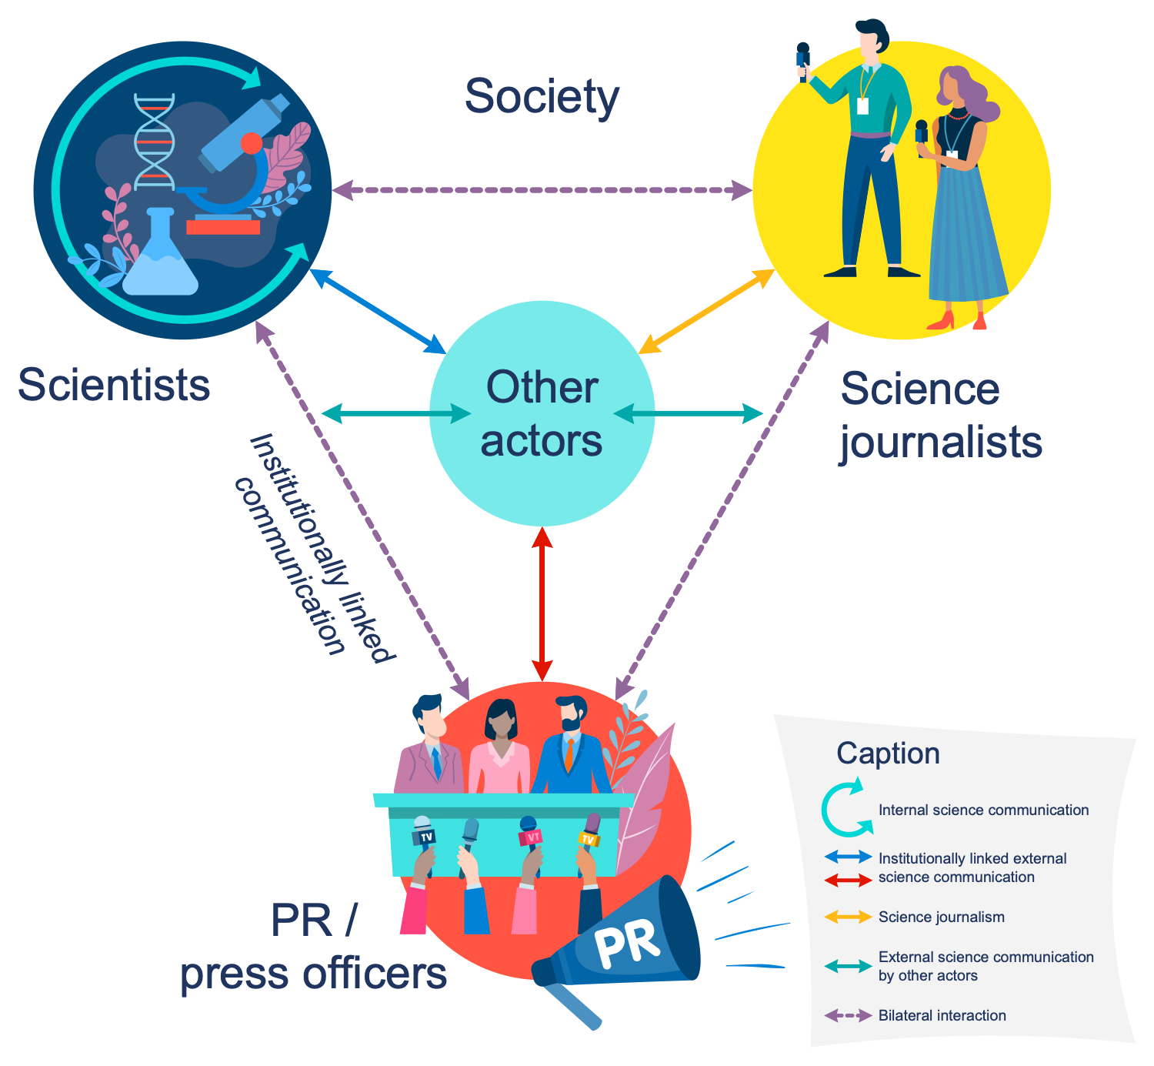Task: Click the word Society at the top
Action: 542,97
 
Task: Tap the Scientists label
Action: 114,385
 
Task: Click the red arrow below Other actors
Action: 542,604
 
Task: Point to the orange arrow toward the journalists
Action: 706,312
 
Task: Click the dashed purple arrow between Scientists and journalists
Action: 542,190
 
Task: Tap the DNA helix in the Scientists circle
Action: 155,142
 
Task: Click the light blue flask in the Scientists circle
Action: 160,258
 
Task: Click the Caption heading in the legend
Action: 888,754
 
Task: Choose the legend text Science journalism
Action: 941,917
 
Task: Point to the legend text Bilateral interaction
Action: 942,1015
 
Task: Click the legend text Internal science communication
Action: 983,810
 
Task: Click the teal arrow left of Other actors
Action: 396,414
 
